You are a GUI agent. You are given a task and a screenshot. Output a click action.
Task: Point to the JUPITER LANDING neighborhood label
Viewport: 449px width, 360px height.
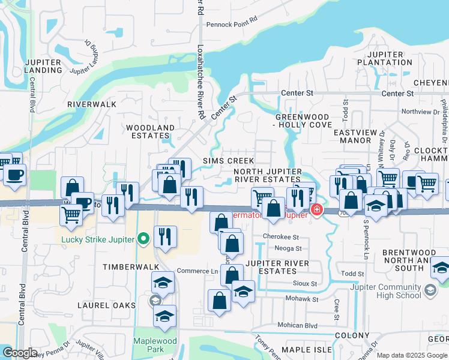tap(43, 66)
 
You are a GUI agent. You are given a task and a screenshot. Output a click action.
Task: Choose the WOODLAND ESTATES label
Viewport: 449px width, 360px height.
tap(150, 131)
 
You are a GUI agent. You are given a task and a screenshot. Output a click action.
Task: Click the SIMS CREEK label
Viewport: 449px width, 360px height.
tap(228, 161)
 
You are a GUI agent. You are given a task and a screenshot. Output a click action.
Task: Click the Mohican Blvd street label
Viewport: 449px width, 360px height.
tap(297, 325)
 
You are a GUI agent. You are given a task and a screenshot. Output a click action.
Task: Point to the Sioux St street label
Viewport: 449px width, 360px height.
tap(305, 283)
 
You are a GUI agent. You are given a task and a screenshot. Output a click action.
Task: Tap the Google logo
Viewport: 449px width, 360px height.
tap(19, 353)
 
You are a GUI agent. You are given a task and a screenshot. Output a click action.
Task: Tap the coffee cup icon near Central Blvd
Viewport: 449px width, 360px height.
tap(14, 175)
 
